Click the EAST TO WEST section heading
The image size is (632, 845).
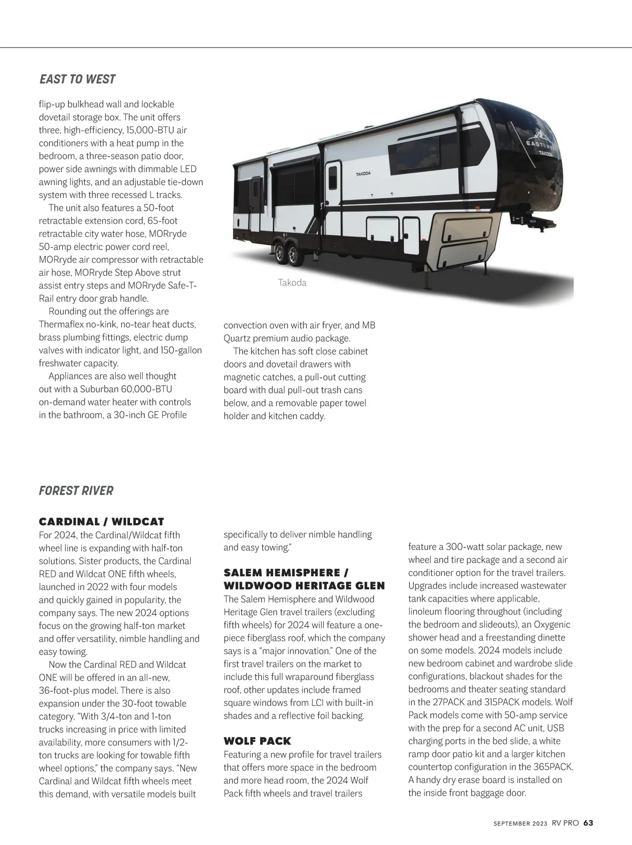click(x=77, y=80)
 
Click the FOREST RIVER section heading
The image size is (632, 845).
click(x=76, y=491)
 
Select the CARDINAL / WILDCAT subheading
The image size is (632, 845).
click(x=102, y=522)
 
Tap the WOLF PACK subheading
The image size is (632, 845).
click(x=257, y=741)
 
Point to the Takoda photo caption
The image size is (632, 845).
click(x=292, y=283)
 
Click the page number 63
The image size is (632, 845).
click(x=588, y=823)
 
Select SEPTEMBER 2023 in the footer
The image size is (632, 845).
click(x=520, y=823)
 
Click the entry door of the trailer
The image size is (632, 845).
click(x=333, y=182)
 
